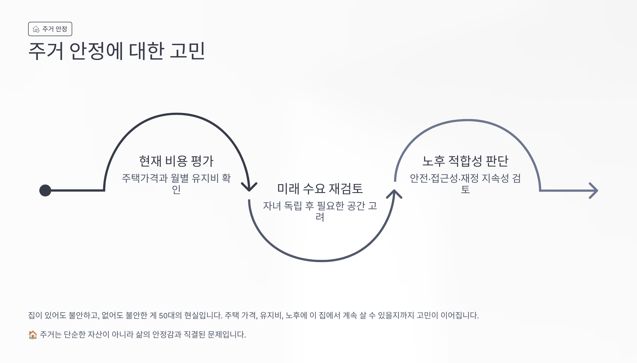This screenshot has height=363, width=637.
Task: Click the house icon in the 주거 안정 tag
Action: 36,29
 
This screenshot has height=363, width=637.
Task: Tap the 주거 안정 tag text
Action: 55,29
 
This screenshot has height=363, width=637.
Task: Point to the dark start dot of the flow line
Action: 45,191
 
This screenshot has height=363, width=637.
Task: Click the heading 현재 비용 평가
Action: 176,161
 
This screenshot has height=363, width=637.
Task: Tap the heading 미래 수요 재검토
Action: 320,189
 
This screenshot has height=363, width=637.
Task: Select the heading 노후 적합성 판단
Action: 465,161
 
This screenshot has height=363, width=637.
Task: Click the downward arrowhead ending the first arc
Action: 249,187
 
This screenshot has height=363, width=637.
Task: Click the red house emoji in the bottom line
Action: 33,335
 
